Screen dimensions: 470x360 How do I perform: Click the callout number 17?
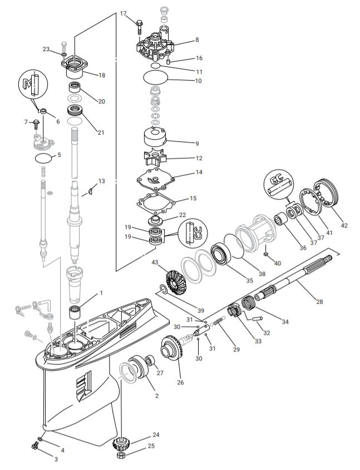click(123, 13)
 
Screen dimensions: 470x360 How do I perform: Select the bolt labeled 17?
click(138, 24)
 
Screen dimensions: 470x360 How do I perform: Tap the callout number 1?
click(101, 293)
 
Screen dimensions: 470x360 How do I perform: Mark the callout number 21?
click(101, 132)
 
